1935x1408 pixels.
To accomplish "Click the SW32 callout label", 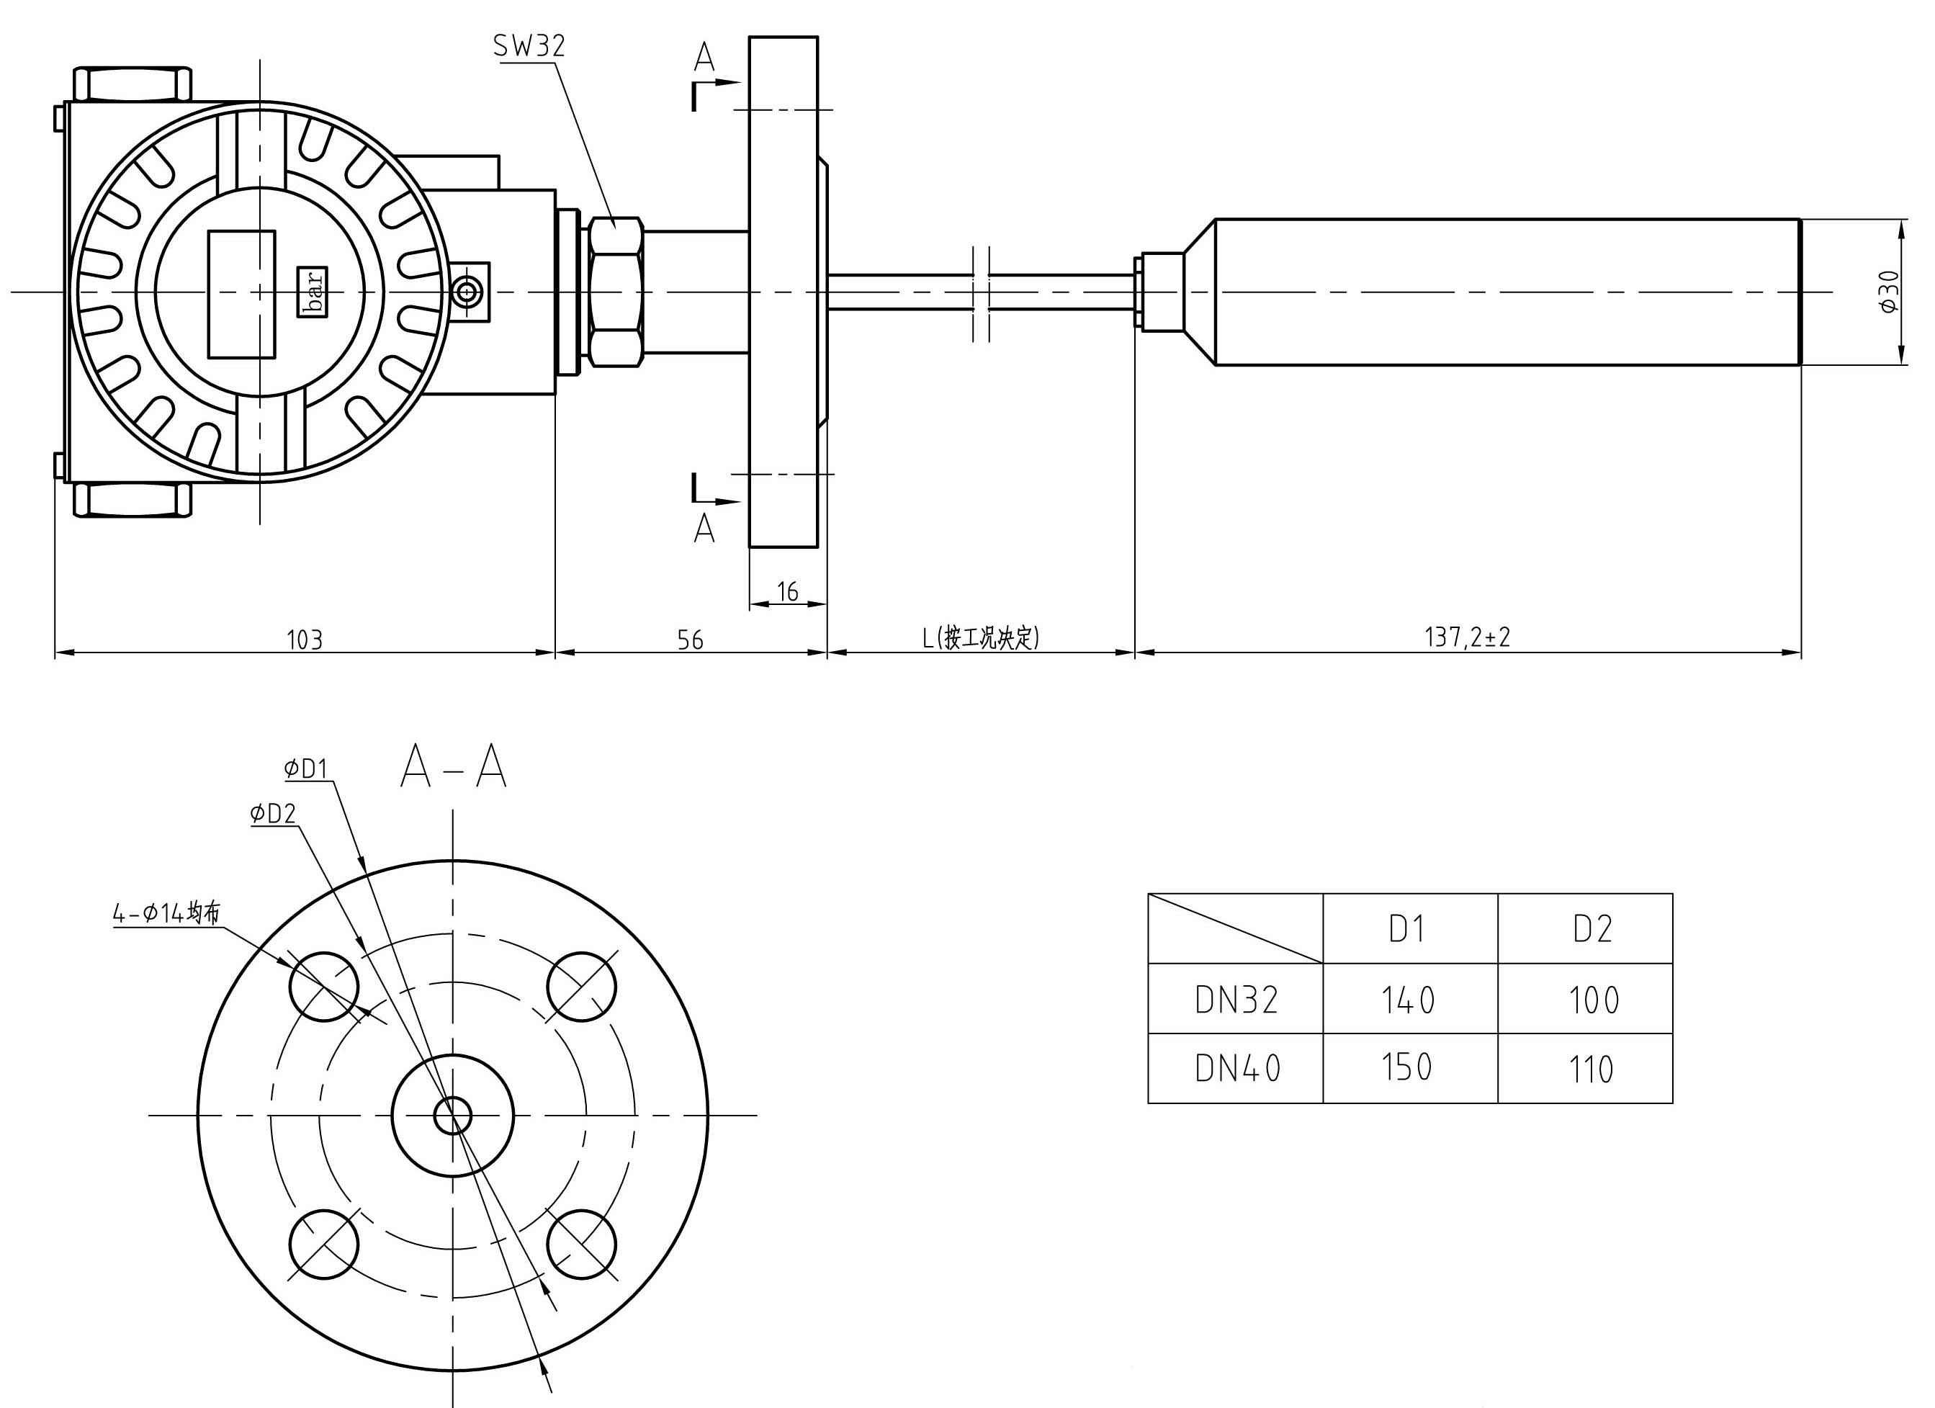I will click(x=529, y=46).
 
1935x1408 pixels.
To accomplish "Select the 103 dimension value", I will click(x=305, y=639).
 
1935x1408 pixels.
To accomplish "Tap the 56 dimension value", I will click(x=690, y=639).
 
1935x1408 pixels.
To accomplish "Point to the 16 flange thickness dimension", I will click(x=788, y=591).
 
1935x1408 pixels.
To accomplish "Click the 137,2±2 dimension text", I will click(x=1467, y=637).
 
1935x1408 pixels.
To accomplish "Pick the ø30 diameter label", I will click(x=1889, y=291).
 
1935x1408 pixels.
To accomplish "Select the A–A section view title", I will click(x=453, y=766).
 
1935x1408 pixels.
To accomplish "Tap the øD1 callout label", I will click(x=306, y=770).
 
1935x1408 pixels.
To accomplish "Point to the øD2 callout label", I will click(x=273, y=814).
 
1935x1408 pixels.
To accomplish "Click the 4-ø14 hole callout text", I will click(x=167, y=913).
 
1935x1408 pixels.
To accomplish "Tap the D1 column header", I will click(x=1408, y=929).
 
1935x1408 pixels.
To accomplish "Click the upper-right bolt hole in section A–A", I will click(x=581, y=987).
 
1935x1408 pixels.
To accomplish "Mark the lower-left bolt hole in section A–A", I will click(x=324, y=1245).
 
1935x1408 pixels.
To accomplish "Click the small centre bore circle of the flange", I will click(x=453, y=1116).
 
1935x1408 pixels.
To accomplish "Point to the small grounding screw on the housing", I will click(x=467, y=292).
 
